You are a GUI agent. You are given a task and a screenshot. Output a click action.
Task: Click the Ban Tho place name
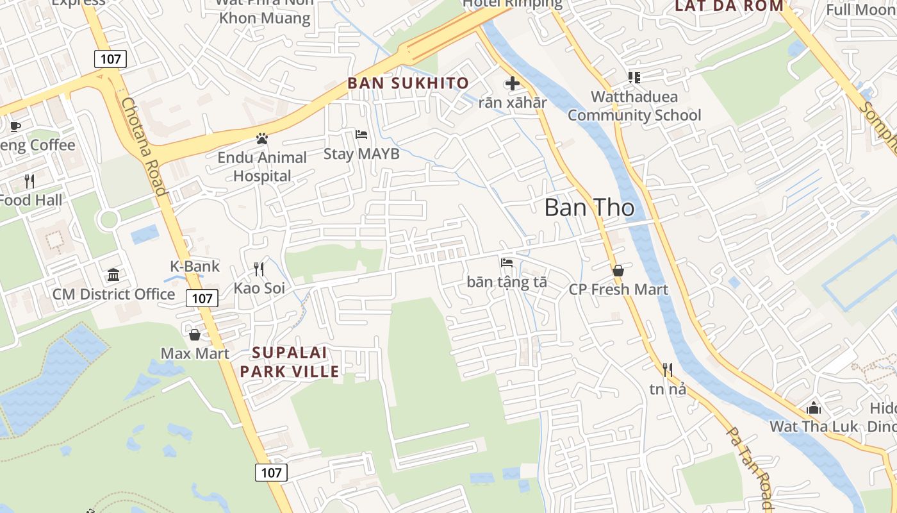click(x=589, y=208)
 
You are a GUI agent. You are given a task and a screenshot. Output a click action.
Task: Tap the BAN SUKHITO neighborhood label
click(x=408, y=83)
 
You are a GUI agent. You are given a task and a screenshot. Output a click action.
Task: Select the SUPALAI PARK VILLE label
click(x=290, y=362)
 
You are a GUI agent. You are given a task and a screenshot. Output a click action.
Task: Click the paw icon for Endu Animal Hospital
click(x=261, y=138)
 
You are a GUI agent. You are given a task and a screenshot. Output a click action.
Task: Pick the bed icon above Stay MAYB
click(x=361, y=135)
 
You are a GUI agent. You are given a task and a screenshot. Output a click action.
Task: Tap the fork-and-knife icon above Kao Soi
click(x=259, y=269)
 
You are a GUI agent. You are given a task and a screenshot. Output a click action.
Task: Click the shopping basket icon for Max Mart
click(x=195, y=335)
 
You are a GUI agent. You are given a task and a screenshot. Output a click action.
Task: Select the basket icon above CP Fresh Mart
click(x=618, y=271)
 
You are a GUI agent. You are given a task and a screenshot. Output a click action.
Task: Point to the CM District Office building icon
click(x=113, y=275)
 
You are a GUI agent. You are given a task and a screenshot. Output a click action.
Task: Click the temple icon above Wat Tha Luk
click(x=814, y=408)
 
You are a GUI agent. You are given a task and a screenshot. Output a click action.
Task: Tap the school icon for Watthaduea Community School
click(x=634, y=78)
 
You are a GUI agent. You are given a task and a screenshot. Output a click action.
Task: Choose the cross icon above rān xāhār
click(x=512, y=83)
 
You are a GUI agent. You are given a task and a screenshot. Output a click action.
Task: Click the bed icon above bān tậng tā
click(x=507, y=262)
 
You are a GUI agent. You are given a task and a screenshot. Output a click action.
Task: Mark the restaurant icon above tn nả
click(x=668, y=370)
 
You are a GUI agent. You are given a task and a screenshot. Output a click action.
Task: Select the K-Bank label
click(x=195, y=266)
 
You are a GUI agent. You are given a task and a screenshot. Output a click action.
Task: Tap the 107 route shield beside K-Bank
click(x=202, y=298)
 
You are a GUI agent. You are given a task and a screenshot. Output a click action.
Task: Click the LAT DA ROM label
click(x=729, y=6)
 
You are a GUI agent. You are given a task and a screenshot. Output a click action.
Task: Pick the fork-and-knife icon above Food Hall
click(x=29, y=181)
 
